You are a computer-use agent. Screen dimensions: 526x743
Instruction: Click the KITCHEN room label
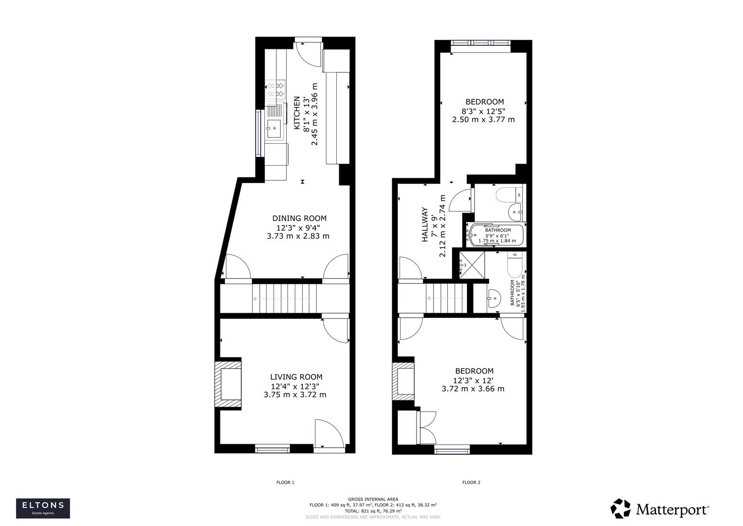(x=296, y=113)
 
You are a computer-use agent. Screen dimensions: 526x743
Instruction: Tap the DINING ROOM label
(x=299, y=219)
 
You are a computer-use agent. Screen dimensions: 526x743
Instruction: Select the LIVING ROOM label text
(x=296, y=377)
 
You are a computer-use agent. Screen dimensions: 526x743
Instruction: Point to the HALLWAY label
(x=425, y=225)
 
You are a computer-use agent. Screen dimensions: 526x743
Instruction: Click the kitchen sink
(x=273, y=129)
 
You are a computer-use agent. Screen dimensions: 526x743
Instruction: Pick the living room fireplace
(x=230, y=383)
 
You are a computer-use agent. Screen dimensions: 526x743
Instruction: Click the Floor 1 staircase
(x=284, y=298)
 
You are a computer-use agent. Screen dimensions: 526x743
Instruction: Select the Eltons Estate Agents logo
(x=43, y=508)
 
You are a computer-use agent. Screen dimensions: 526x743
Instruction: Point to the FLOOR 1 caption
(x=285, y=483)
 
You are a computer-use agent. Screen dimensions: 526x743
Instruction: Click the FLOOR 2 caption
(x=471, y=483)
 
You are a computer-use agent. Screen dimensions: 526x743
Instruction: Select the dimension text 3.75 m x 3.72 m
(x=295, y=394)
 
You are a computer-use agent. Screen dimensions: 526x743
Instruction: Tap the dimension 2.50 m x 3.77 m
(x=483, y=119)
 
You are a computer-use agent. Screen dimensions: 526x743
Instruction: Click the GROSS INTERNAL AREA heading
(x=373, y=499)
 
